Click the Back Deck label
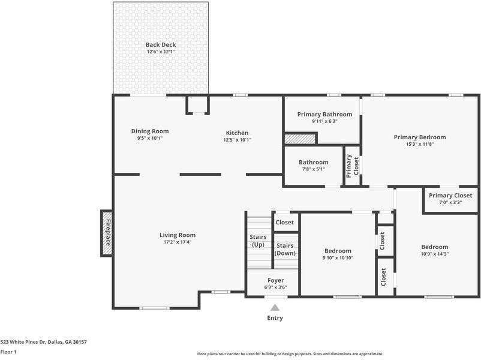(x=161, y=45)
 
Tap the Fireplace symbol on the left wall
(x=106, y=233)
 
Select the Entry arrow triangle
(x=275, y=307)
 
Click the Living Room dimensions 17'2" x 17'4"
(x=178, y=242)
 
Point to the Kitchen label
(x=237, y=133)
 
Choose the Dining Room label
(x=150, y=131)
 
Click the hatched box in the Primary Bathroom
(x=300, y=139)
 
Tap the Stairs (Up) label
(x=258, y=241)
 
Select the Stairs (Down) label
(x=285, y=249)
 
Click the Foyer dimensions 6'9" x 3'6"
(x=275, y=287)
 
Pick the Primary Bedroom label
(x=420, y=137)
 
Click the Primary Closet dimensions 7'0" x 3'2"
(x=450, y=202)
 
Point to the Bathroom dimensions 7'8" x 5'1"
(x=314, y=169)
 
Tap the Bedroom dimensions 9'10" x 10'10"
(x=338, y=258)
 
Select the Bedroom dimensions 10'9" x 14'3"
(x=435, y=254)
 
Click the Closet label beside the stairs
(x=285, y=222)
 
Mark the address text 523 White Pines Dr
(x=23, y=342)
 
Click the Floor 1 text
(x=8, y=352)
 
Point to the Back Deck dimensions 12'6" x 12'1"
(x=161, y=52)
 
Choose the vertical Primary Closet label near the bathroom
(x=353, y=166)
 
